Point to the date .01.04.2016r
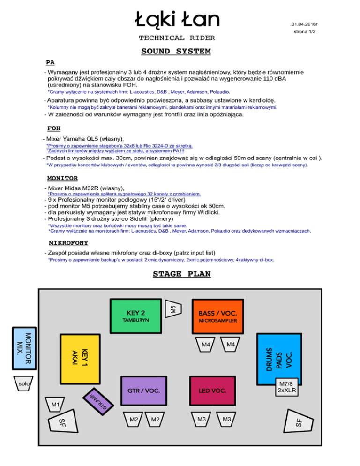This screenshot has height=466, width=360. tap(307, 23)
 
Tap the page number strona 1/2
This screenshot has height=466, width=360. tap(307, 32)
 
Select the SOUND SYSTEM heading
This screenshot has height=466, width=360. tap(176, 51)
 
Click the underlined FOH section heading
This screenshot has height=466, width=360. tap(53, 128)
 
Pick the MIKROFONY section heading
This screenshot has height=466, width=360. tap(68, 243)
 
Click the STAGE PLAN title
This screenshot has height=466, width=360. tap(182, 274)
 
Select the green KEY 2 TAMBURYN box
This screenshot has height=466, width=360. tap(136, 316)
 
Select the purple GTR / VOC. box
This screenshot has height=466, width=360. tap(144, 390)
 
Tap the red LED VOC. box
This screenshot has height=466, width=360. tap(212, 390)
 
